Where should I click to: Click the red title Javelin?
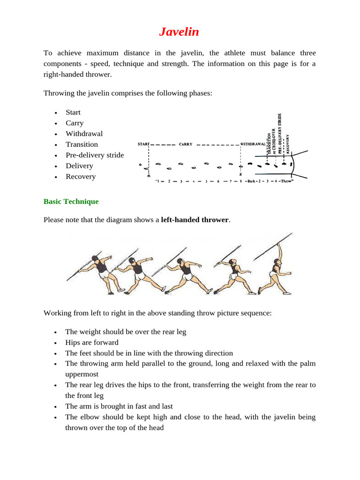coord(179,32)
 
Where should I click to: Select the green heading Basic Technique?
coord(71,202)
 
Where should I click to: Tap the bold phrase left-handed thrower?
coord(195,219)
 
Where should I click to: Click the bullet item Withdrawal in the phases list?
coord(84,134)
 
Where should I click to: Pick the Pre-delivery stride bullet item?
coord(95,155)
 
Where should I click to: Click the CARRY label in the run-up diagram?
coord(186,144)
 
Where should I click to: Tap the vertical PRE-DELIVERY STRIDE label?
coord(280,133)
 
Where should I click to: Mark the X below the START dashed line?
coord(149,174)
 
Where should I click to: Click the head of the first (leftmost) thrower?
coord(96,258)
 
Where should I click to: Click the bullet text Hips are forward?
coord(92,343)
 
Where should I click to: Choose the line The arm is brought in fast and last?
coord(119,406)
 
